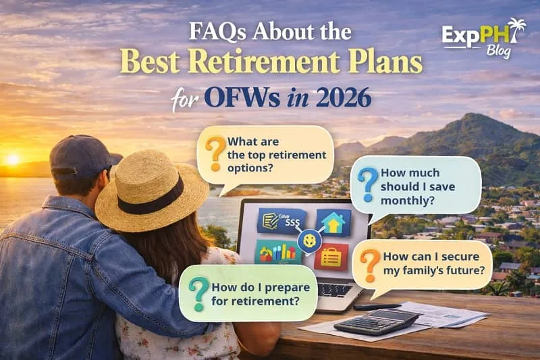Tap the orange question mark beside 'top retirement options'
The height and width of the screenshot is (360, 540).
coord(215,155)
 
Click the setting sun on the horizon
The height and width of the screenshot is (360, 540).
coord(12,159)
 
